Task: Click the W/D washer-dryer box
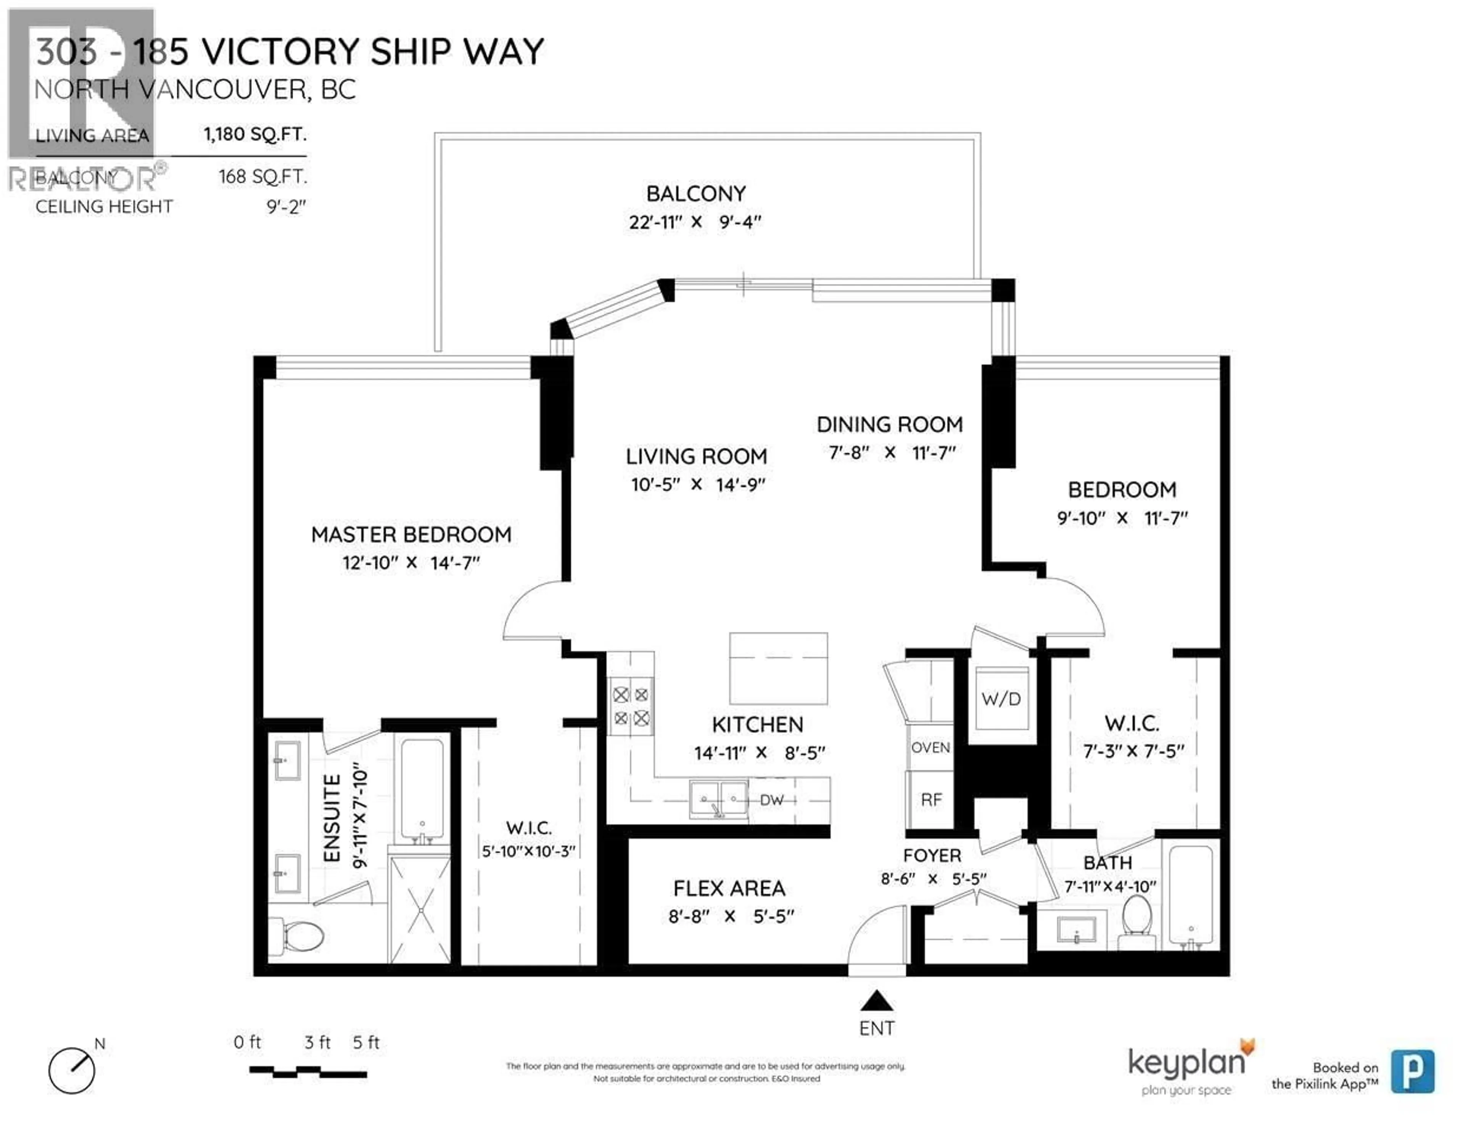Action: (x=1001, y=699)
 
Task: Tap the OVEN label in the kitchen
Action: (x=931, y=747)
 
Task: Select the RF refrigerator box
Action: (x=931, y=799)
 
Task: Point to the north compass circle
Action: (x=72, y=1071)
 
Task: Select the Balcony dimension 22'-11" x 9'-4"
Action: (x=695, y=222)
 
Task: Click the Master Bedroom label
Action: (x=411, y=534)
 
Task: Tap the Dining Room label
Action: (x=889, y=424)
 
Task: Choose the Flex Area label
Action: (x=729, y=889)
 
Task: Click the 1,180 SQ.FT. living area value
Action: (x=255, y=134)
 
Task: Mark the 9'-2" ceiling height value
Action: (x=286, y=207)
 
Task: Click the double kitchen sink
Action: (x=718, y=799)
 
